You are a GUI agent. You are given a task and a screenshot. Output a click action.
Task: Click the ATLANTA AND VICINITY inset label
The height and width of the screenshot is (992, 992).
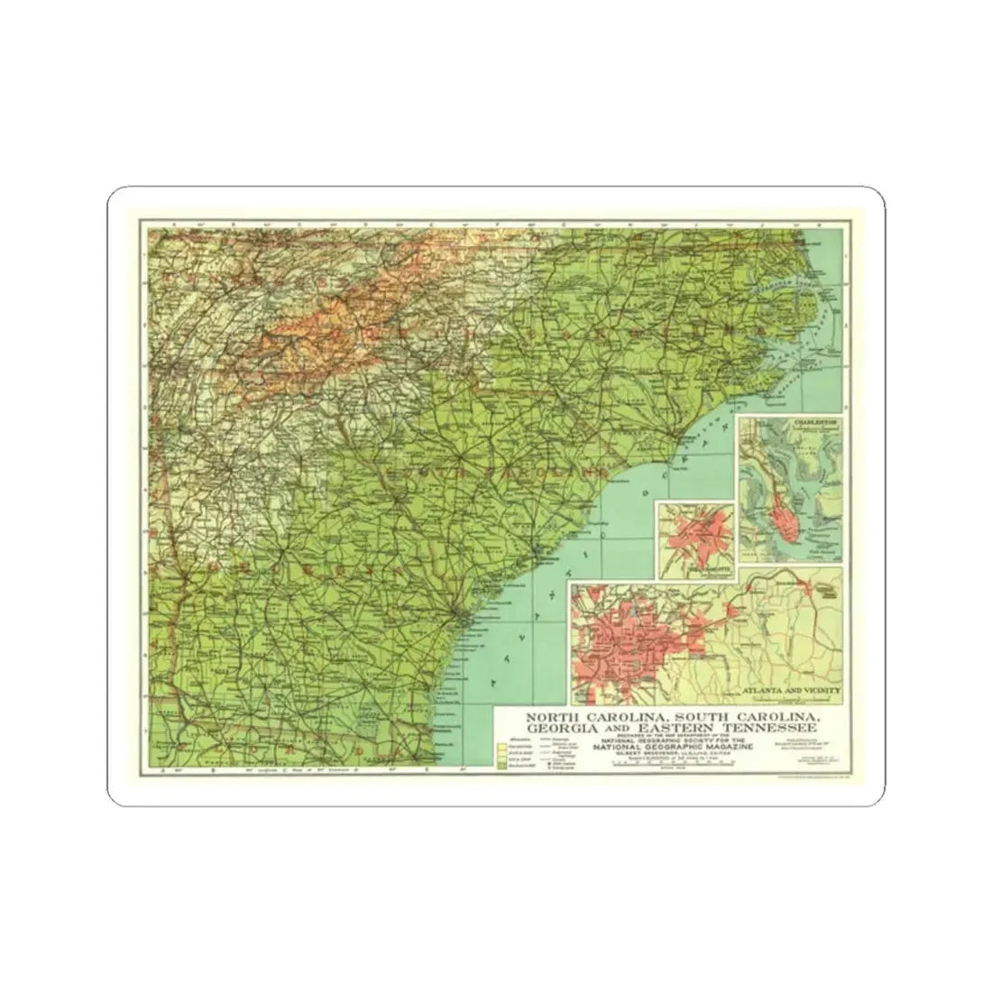point(791,692)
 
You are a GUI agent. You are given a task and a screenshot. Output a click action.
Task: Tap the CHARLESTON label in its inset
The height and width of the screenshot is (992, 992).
point(813,421)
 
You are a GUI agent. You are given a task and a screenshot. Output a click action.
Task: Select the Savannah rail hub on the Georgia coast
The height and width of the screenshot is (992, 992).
point(461,615)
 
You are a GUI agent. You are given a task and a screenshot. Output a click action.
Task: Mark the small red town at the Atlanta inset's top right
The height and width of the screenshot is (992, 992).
point(826,590)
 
